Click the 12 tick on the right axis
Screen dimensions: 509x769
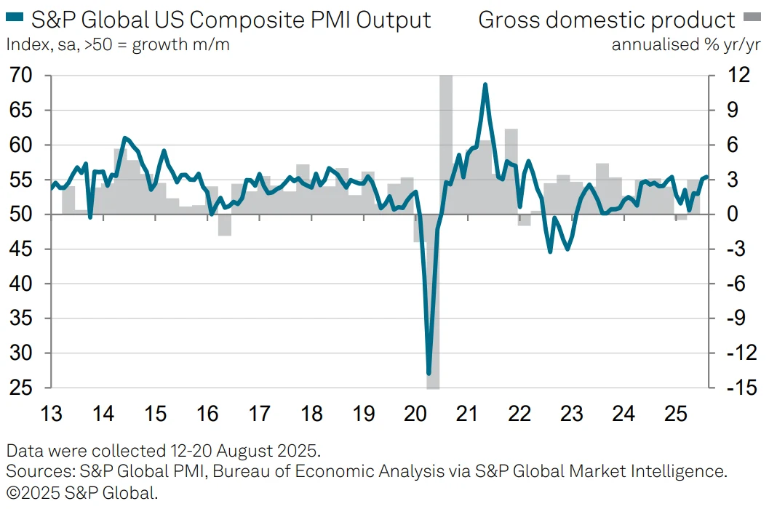[729, 76]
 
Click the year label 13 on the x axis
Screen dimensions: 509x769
[52, 414]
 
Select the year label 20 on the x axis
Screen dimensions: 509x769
[415, 414]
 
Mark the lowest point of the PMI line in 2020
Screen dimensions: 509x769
[429, 374]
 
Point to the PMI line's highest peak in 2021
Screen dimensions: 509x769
[485, 84]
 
